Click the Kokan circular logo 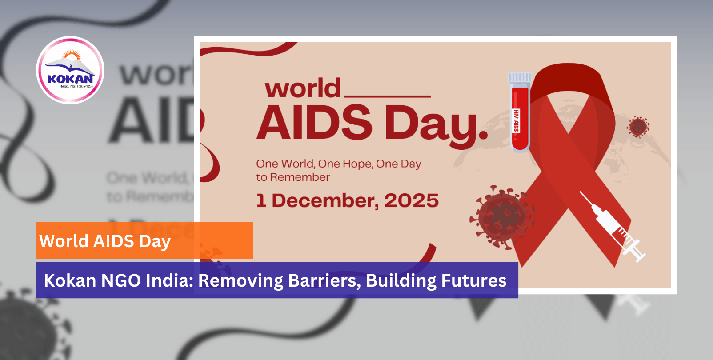(70, 70)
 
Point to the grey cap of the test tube (520, 78)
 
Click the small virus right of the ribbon (638, 127)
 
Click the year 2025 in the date (411, 201)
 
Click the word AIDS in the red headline (314, 123)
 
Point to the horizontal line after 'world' (387, 96)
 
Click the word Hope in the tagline (357, 164)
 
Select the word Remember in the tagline (300, 177)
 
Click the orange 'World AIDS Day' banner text (105, 241)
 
